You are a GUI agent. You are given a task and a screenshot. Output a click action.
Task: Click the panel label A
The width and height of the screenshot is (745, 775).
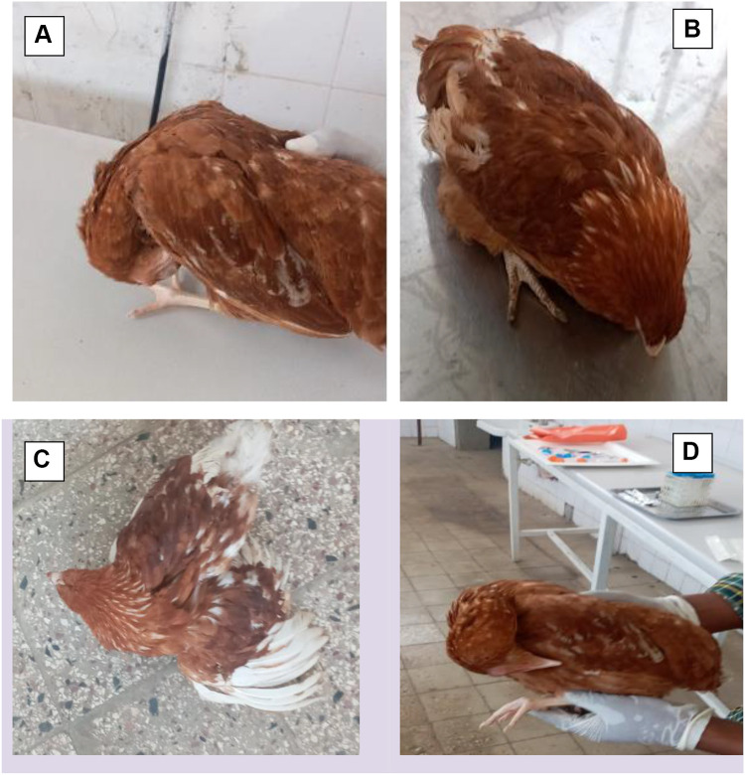(44, 36)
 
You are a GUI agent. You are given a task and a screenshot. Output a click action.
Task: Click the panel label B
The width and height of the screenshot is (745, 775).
(692, 29)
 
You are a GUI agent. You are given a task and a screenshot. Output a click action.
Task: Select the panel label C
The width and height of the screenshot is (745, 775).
(44, 460)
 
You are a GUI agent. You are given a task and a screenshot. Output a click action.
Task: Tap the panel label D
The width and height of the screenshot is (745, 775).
(692, 453)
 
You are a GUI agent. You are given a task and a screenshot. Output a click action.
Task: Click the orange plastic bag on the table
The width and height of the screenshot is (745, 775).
(575, 433)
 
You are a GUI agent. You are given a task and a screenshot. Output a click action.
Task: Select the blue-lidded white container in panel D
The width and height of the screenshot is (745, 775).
(687, 490)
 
